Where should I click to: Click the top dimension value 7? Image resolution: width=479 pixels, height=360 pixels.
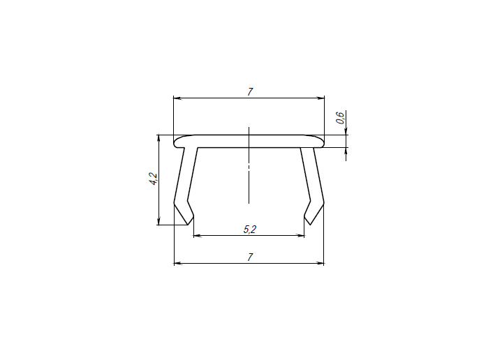(250, 91)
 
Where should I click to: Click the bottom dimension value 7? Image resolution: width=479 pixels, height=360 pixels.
(250, 257)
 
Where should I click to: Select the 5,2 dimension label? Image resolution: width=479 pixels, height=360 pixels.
(249, 229)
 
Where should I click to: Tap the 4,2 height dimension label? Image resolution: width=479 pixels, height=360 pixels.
(153, 179)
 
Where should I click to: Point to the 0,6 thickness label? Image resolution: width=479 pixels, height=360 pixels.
(340, 118)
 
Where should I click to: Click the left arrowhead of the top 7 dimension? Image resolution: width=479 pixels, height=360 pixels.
(177, 98)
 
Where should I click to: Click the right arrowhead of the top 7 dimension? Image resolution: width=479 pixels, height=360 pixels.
(320, 98)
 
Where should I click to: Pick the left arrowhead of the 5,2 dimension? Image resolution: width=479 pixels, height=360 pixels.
(198, 236)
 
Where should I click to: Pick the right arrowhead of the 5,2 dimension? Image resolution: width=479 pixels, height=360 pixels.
(300, 236)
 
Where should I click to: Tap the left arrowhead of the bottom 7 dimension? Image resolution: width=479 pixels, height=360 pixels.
(178, 263)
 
